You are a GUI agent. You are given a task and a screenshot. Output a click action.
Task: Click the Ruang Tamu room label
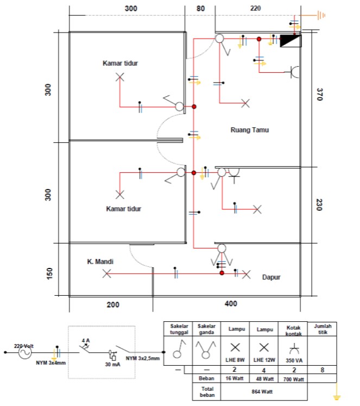pyautogui.click(x=250, y=130)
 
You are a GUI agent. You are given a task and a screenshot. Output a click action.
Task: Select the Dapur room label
pyautogui.click(x=274, y=277)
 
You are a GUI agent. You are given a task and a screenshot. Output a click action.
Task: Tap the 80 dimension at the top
pyautogui.click(x=200, y=8)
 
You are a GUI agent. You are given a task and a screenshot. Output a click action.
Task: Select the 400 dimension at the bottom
pyautogui.click(x=230, y=304)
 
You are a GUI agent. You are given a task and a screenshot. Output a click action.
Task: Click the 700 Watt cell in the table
pyautogui.click(x=293, y=378)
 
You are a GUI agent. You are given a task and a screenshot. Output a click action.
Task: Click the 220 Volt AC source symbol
pyautogui.click(x=24, y=353)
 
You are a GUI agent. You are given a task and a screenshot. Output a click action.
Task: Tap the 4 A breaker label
pyautogui.click(x=85, y=341)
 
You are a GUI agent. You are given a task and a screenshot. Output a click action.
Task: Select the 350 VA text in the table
pyautogui.click(x=293, y=360)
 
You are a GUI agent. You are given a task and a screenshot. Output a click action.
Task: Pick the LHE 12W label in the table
pyautogui.click(x=263, y=360)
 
